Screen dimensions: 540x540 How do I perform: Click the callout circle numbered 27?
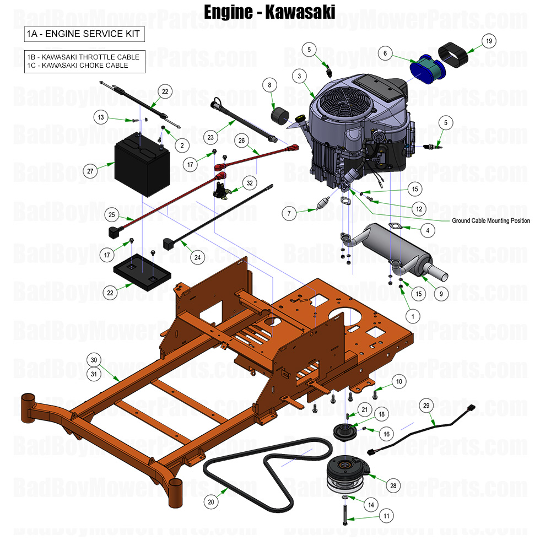[90, 171]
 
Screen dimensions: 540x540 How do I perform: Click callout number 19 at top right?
[488, 41]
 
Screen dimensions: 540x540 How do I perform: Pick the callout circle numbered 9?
[441, 294]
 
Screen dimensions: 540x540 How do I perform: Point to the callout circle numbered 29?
[425, 406]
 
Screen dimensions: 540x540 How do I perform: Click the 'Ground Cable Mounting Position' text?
[490, 220]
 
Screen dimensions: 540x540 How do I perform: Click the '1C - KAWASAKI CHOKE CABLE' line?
[78, 66]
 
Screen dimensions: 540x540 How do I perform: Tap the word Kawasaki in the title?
[300, 12]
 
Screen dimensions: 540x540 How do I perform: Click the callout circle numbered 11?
[386, 516]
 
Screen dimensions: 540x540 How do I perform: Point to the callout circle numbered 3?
[299, 76]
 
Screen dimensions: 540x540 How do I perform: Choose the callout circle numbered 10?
[399, 381]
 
